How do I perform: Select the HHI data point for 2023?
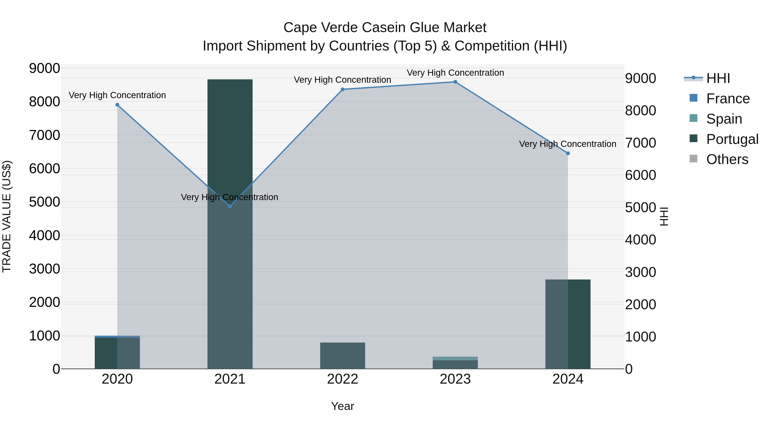(455, 82)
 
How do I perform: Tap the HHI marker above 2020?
(117, 105)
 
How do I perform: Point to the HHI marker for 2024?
(568, 153)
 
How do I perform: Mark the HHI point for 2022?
(343, 89)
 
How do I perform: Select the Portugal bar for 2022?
(343, 356)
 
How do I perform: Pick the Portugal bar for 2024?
(568, 324)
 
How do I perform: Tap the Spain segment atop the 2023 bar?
(455, 358)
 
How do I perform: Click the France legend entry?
(728, 99)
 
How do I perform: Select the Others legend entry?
(727, 159)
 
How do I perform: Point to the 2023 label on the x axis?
(455, 379)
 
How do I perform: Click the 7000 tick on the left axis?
(44, 135)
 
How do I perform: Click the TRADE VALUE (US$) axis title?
(7, 216)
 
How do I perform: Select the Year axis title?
(343, 406)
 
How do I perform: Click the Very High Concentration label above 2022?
(343, 80)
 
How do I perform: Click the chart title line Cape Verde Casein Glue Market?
(385, 28)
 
